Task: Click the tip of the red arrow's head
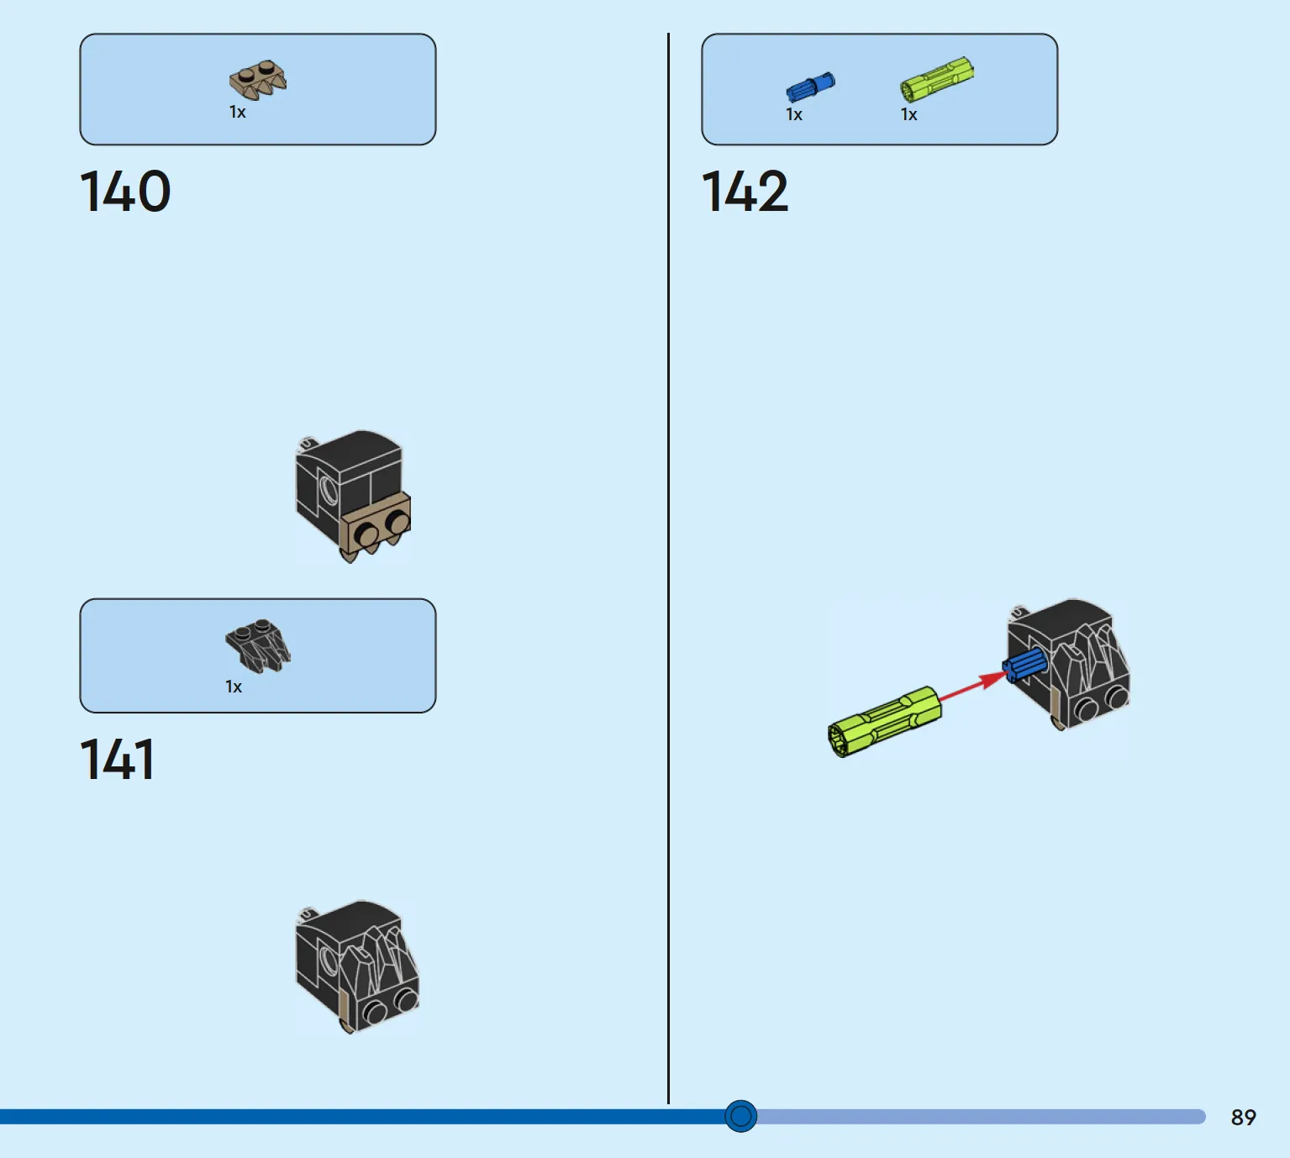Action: pyautogui.click(x=1008, y=672)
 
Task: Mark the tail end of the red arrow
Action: pyautogui.click(x=940, y=701)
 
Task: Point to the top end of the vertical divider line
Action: pyautogui.click(x=668, y=33)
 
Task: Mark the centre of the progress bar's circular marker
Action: pyautogui.click(x=740, y=1116)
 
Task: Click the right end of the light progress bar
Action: pyautogui.click(x=1204, y=1116)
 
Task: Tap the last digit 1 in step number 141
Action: pyautogui.click(x=145, y=759)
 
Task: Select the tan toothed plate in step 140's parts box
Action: pyautogui.click(x=258, y=80)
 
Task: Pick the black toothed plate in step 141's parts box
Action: pyautogui.click(x=258, y=645)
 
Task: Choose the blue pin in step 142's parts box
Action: pyautogui.click(x=810, y=87)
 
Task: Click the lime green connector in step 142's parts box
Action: pyautogui.click(x=937, y=79)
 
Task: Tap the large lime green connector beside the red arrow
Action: pyautogui.click(x=884, y=721)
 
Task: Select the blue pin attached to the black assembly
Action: pyautogui.click(x=1025, y=666)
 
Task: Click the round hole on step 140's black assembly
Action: pyautogui.click(x=329, y=490)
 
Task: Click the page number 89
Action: pyautogui.click(x=1244, y=1118)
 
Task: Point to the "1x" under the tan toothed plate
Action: pyautogui.click(x=238, y=112)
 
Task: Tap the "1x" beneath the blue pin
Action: pyautogui.click(x=794, y=114)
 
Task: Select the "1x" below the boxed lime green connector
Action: pyautogui.click(x=908, y=114)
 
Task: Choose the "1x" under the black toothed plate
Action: pyautogui.click(x=234, y=687)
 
